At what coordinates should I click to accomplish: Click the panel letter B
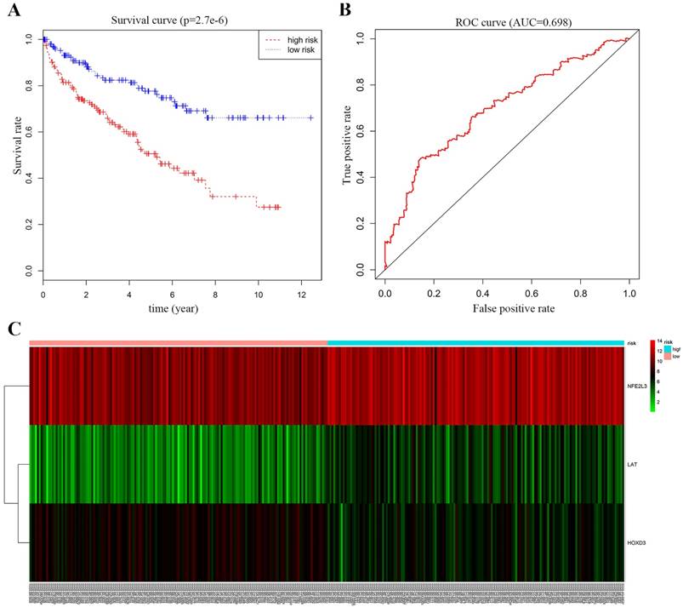click(x=345, y=10)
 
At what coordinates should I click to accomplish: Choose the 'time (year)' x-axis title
click(x=175, y=306)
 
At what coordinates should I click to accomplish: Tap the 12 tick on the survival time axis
click(x=303, y=293)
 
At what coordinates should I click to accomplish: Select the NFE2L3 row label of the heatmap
click(x=639, y=386)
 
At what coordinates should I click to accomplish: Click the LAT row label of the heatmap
click(x=633, y=465)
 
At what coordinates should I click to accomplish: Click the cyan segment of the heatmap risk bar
click(x=475, y=342)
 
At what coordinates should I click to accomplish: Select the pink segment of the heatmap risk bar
click(x=179, y=342)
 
